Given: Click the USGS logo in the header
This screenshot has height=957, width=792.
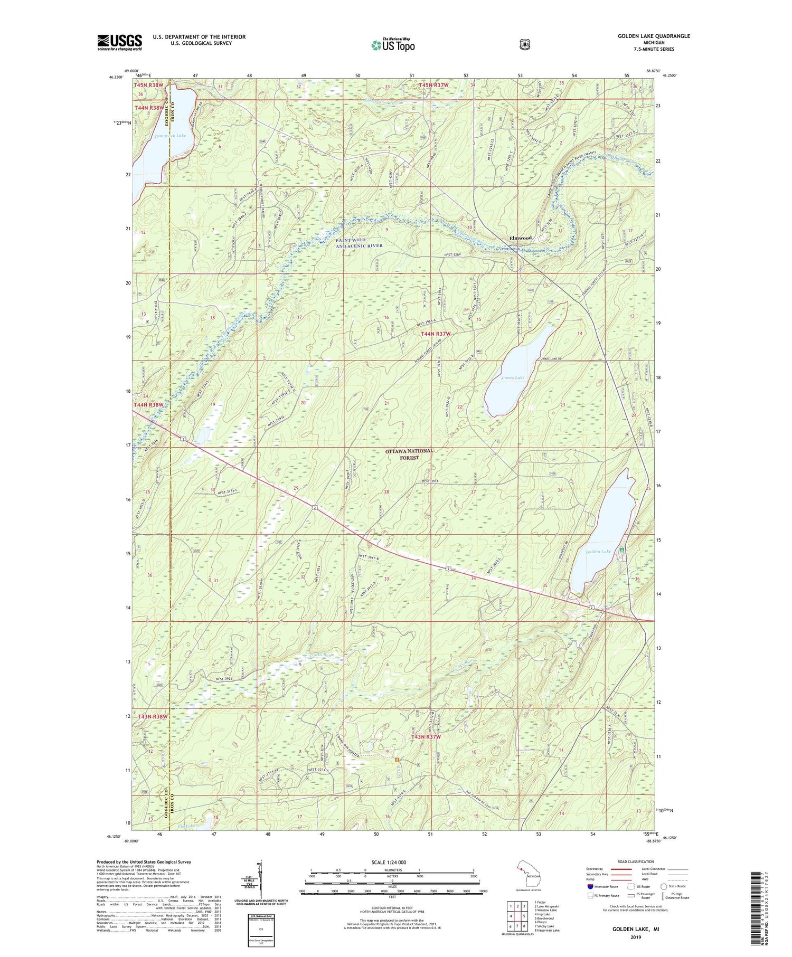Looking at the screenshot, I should point(119,42).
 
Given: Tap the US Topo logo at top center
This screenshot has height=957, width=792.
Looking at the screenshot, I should point(393,45).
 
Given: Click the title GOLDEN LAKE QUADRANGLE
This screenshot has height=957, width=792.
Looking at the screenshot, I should point(654,36).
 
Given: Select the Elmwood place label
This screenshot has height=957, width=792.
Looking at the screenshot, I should point(521,238).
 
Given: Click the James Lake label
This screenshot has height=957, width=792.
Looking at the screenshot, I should point(512,377).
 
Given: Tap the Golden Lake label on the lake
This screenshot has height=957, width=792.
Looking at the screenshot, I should point(598,552).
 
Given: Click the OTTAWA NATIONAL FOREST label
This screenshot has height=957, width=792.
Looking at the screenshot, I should point(409,454).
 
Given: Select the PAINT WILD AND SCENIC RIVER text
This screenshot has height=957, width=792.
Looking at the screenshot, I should point(359,243).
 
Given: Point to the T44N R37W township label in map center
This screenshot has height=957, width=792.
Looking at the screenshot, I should point(436,334).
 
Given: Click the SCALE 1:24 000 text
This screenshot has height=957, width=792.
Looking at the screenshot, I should point(389,863).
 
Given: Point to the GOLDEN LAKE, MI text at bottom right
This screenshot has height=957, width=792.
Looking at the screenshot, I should point(635,928).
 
